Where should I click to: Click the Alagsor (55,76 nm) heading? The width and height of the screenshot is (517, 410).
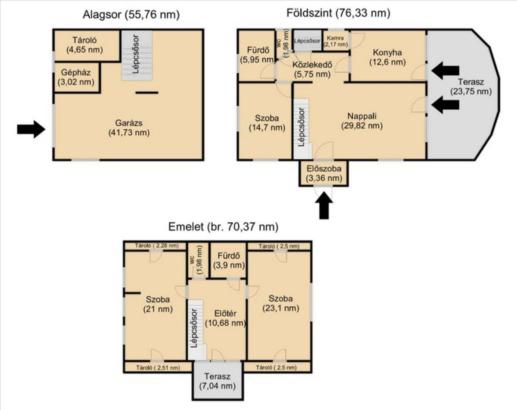tap(131, 15)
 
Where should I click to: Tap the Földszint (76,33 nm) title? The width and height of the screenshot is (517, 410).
tap(338, 13)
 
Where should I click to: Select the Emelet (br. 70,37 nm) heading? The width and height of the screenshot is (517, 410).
tap(223, 227)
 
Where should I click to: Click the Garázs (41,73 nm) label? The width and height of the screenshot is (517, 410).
tap(129, 128)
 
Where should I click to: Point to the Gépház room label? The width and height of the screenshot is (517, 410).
tap(76, 77)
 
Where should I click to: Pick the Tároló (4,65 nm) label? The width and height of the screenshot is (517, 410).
tap(84, 45)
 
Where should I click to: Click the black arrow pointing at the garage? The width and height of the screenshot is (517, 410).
tap(31, 129)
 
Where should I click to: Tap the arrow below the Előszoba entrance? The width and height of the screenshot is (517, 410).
tap(324, 205)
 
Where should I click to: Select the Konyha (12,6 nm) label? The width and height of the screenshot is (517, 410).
tap(387, 57)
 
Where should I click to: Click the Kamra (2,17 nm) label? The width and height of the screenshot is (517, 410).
tap(335, 41)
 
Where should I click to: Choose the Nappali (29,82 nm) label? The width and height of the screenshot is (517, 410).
tap(362, 121)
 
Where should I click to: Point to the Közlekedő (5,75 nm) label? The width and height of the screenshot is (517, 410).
tap(312, 69)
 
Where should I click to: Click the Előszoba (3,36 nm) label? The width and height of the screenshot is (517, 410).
tap(324, 174)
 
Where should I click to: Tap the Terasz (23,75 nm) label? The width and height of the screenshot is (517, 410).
tap(471, 87)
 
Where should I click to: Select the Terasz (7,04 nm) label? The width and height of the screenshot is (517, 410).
tap(217, 381)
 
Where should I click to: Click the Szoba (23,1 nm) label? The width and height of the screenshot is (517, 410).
tap(280, 303)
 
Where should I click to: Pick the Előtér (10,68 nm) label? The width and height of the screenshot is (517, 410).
tap(225, 318)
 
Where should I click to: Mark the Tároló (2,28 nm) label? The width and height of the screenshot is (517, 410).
tap(157, 246)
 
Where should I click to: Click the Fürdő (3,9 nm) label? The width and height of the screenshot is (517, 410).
tap(229, 261)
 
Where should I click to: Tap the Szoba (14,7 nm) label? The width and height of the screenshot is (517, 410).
tap(267, 123)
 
